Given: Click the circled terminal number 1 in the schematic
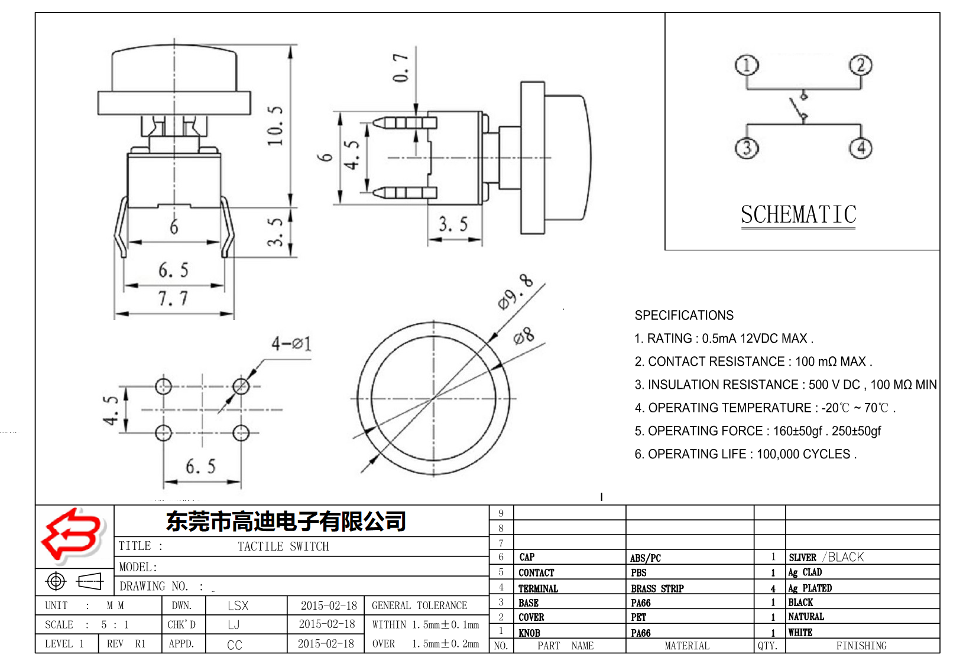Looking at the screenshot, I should pos(747,65).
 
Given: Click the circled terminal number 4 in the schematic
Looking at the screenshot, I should pos(861,147).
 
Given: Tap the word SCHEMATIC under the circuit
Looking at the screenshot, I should pos(798,214).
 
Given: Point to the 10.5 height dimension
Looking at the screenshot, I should pos(275,126).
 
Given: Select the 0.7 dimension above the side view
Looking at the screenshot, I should pos(401,67).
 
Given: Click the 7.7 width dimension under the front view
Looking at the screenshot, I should pos(173,298).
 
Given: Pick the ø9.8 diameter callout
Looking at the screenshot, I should pos(515,292).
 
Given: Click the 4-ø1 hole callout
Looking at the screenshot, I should pos(291,343).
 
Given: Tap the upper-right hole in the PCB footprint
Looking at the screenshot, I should pos(241,386).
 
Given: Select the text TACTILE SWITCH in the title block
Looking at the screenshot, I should pos(283,546).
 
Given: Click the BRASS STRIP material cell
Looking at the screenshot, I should pos(657,588).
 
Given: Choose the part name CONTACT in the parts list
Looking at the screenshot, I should pos(536,572).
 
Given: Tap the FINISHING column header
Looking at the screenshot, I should pos(861,646).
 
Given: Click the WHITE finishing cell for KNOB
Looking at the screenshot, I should pos(800,632).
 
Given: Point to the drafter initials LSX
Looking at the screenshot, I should pos(238,606).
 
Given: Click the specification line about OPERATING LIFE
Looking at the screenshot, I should pos(745,454).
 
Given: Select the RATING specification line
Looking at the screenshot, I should pos(724,338).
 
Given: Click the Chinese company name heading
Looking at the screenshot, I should pos(286,521).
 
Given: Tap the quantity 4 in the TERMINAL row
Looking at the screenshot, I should pos(773,588).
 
